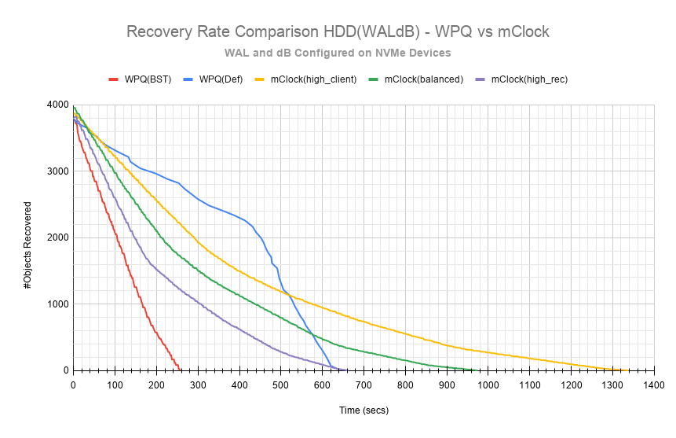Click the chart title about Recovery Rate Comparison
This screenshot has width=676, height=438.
(x=338, y=32)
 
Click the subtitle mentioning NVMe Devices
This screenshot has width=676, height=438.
(x=338, y=53)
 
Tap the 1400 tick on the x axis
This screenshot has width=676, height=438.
(x=654, y=385)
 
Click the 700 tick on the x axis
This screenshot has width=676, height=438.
(x=364, y=385)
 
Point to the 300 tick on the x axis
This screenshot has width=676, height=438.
(x=198, y=385)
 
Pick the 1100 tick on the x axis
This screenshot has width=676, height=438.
(x=530, y=385)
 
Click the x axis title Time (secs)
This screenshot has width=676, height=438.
(x=364, y=410)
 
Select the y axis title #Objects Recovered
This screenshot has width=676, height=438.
(x=27, y=237)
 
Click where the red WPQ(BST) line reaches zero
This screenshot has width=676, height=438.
(x=181, y=370)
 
